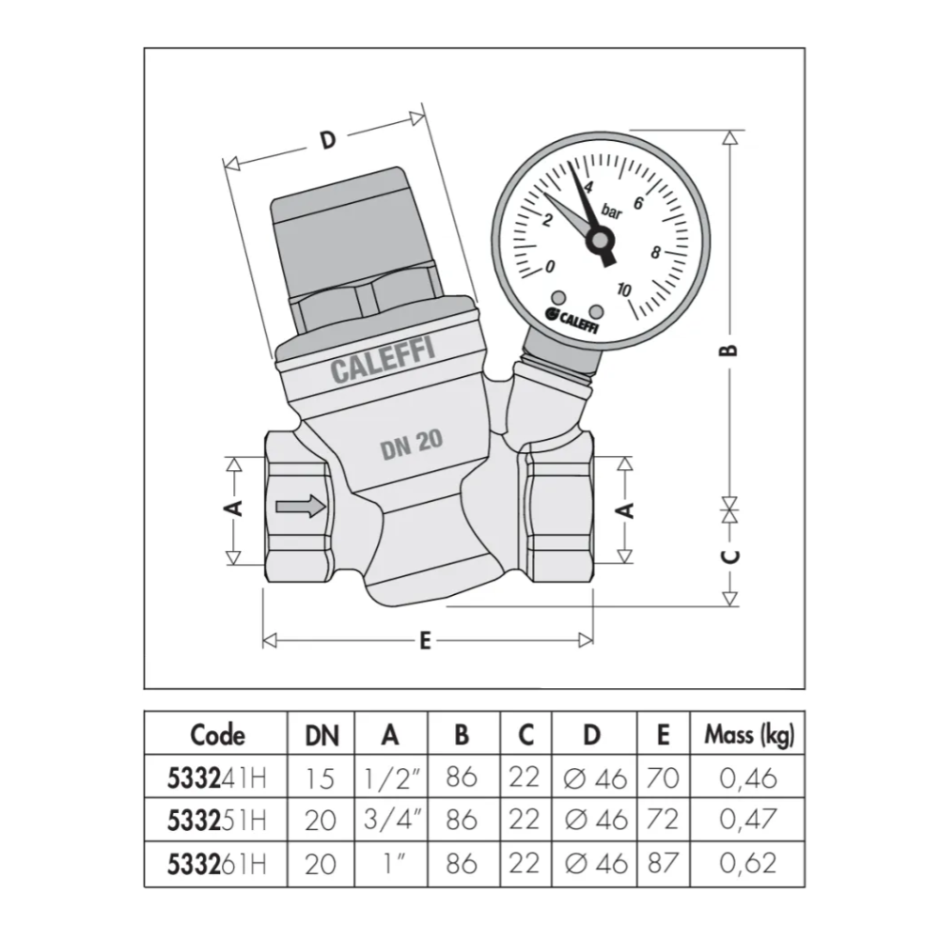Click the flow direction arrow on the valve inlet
tap(301, 507)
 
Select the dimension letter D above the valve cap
tap(327, 141)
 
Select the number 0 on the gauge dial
tap(550, 266)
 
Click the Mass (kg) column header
tap(748, 734)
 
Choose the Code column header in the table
tap(217, 734)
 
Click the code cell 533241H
tap(216, 776)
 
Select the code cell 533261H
tap(216, 863)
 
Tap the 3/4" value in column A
tap(389, 820)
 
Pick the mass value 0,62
tap(749, 863)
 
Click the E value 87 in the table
tap(663, 863)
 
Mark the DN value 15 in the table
tap(321, 776)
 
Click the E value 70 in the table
tap(663, 776)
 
